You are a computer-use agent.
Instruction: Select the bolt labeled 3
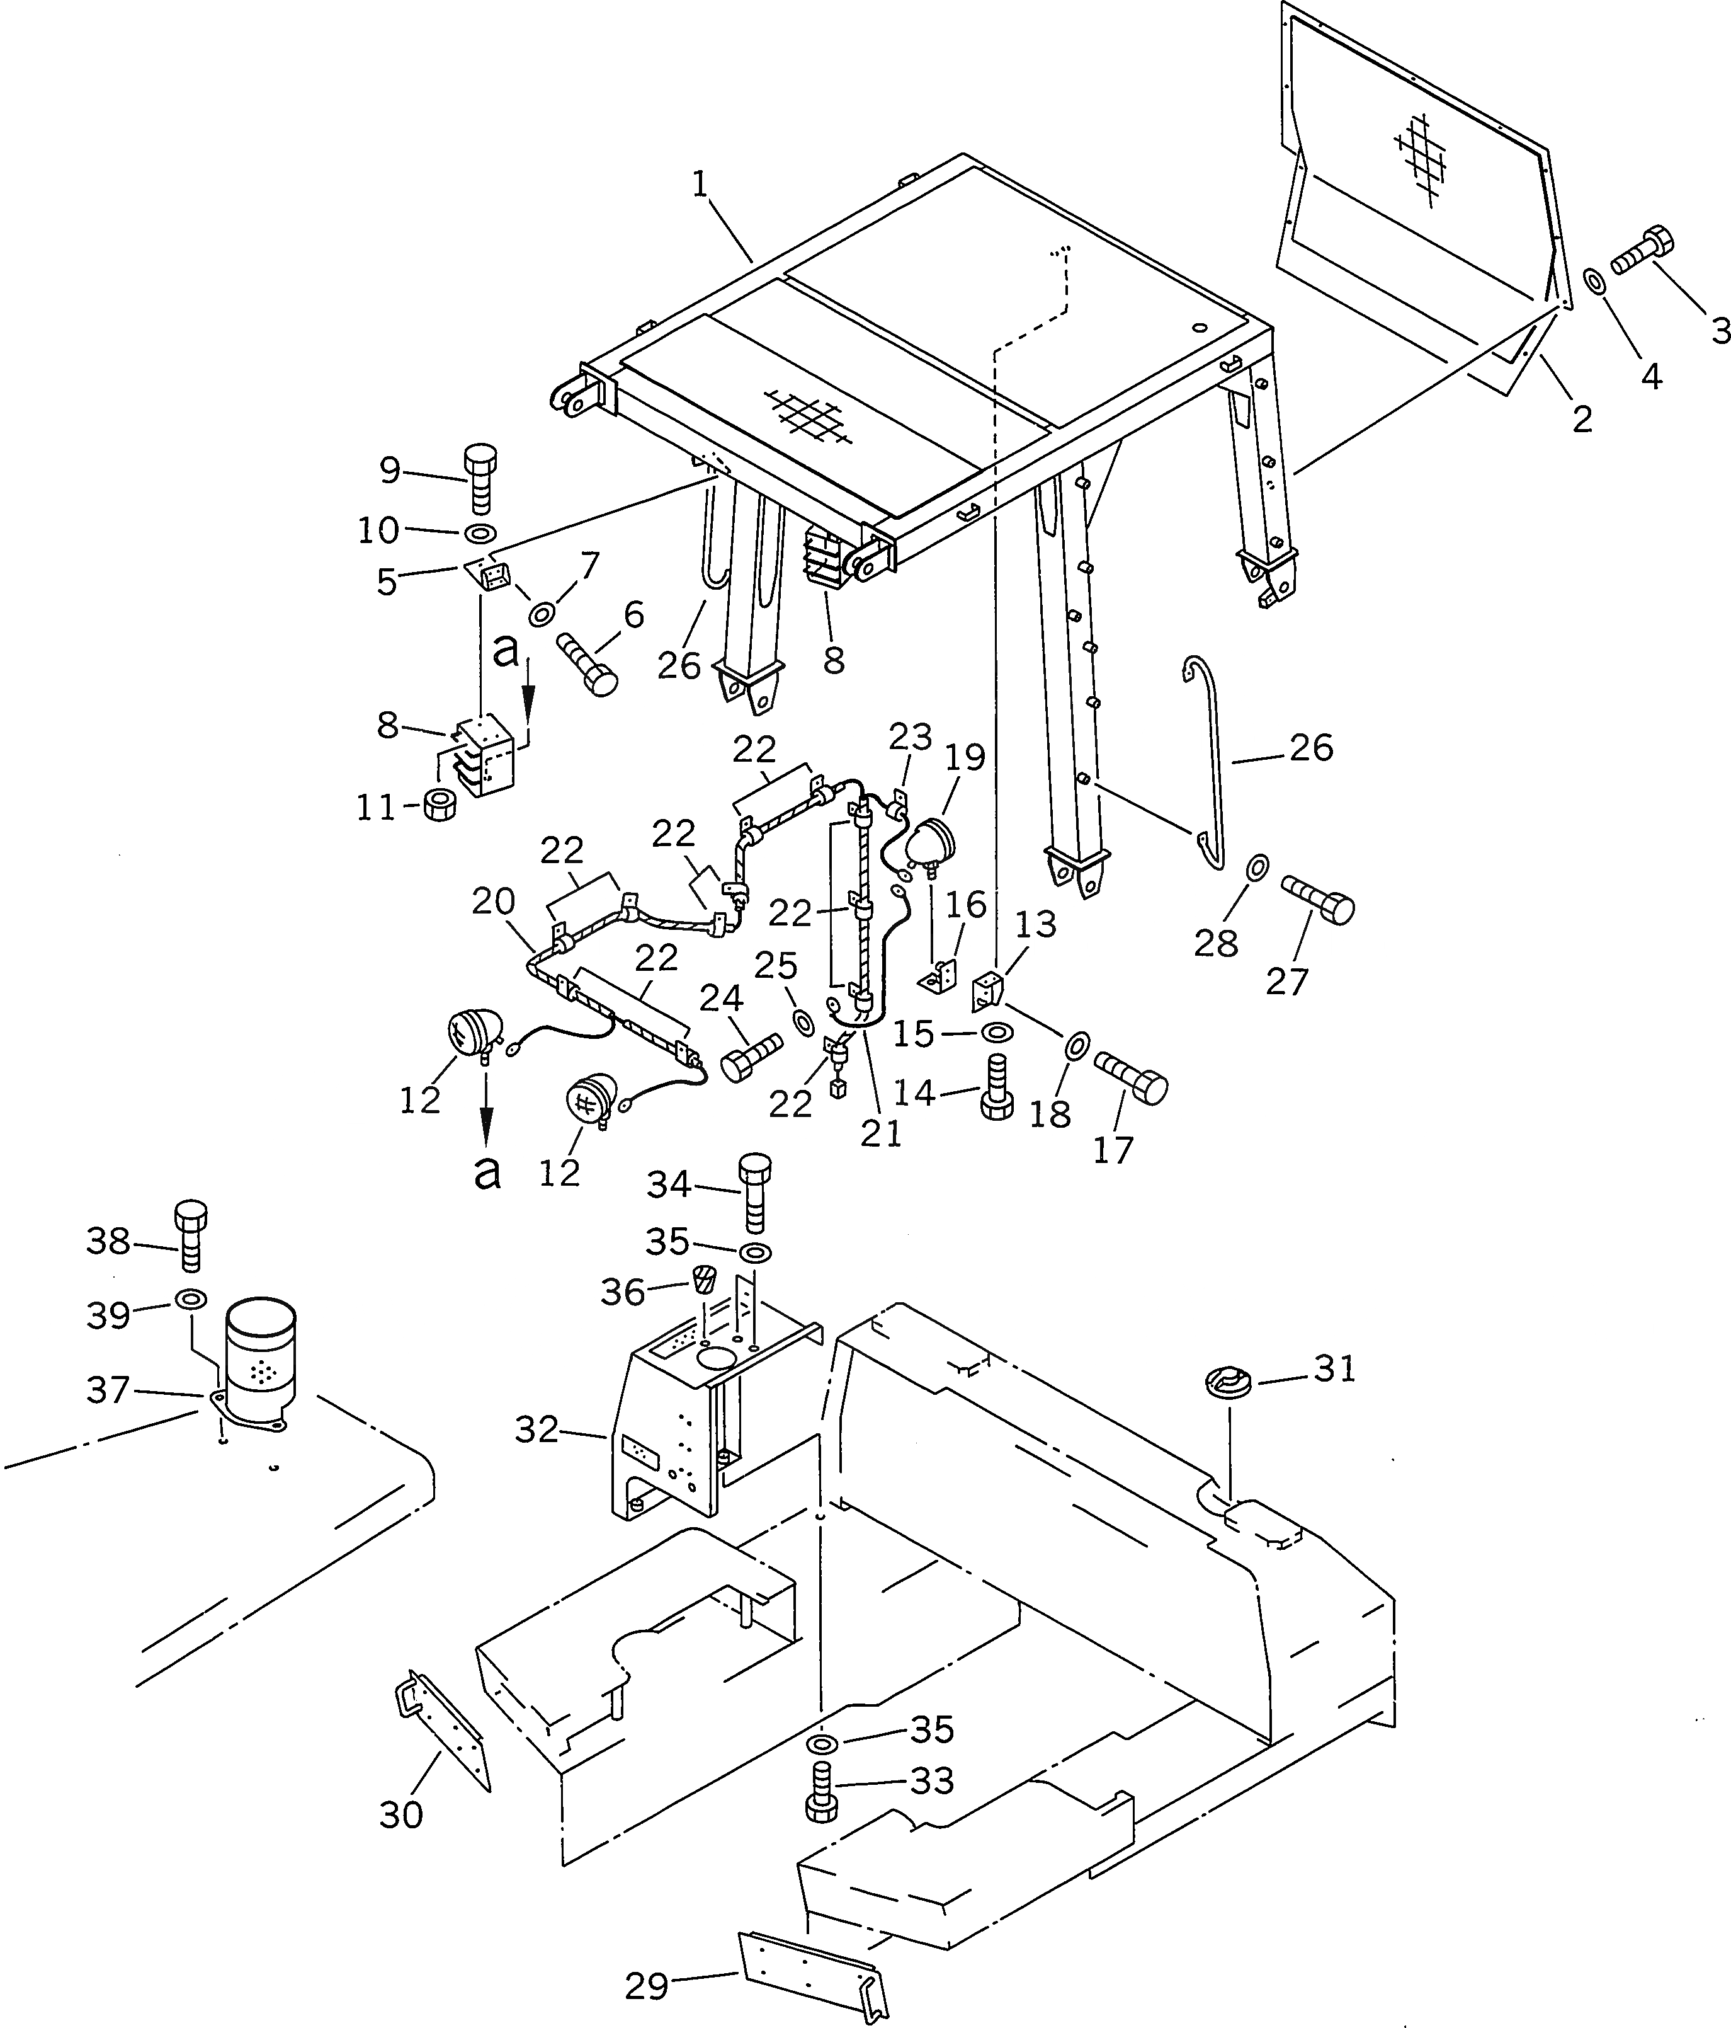tap(1644, 251)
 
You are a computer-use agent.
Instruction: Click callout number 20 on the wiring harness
tap(493, 902)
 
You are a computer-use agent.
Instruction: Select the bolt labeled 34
tap(754, 1192)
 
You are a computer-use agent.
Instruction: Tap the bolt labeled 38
tap(191, 1237)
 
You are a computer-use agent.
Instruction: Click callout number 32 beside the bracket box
tap(536, 1431)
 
